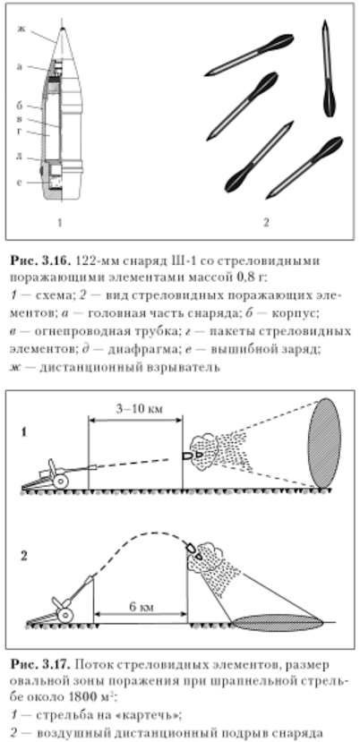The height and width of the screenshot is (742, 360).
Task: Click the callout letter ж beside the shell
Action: [x=21, y=29]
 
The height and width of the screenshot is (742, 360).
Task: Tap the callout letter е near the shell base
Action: [x=20, y=183]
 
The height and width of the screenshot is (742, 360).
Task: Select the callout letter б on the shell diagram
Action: [x=20, y=105]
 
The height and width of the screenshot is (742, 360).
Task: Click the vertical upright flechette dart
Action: [x=328, y=68]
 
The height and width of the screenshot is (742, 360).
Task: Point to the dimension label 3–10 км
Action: [x=139, y=408]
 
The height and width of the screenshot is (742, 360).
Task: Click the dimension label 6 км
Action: [x=141, y=607]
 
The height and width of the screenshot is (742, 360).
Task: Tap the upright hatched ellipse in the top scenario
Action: [x=324, y=443]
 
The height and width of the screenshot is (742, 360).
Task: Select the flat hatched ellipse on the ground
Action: [x=279, y=623]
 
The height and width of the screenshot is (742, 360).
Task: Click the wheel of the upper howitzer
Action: [x=60, y=482]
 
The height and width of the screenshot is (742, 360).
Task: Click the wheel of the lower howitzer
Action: [x=65, y=615]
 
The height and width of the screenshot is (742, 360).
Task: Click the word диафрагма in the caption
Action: [x=134, y=350]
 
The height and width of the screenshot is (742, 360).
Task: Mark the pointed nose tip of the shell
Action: [x=62, y=29]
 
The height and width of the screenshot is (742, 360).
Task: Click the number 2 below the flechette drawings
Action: [x=266, y=222]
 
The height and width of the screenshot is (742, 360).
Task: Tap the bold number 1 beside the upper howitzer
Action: [x=23, y=432]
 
